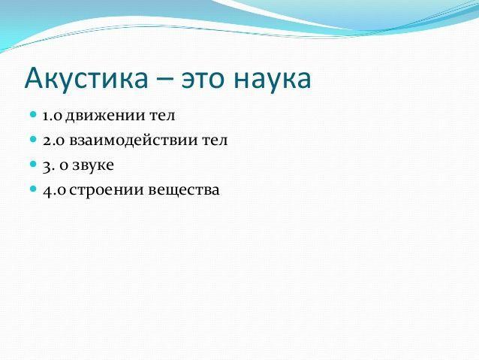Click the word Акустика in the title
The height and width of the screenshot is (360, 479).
(86, 79)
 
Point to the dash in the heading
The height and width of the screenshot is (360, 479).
(164, 80)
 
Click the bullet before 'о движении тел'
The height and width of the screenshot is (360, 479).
(33, 114)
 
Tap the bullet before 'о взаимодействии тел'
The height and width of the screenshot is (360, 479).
(33, 139)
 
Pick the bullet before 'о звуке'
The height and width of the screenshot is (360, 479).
(33, 164)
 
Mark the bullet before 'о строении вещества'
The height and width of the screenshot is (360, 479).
(33, 189)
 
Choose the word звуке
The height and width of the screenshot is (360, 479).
(93, 165)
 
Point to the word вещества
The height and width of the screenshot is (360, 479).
(184, 190)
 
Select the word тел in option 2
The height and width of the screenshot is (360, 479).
(215, 141)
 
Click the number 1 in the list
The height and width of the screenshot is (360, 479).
(46, 116)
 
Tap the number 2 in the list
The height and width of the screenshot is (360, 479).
(47, 141)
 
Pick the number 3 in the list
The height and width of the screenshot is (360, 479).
(47, 167)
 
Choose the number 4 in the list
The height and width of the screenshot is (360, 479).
(47, 191)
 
